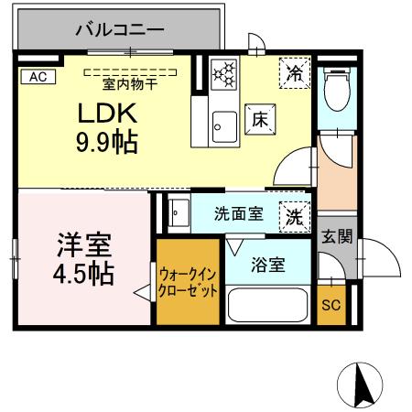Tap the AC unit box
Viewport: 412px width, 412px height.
click(37, 78)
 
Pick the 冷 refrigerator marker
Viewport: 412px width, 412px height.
click(295, 72)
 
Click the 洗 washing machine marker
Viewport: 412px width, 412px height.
click(294, 216)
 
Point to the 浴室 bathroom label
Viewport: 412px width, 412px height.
click(267, 266)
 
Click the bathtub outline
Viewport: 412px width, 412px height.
click(266, 304)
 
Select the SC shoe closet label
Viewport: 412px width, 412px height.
click(331, 305)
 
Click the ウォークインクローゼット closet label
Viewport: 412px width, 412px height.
click(188, 281)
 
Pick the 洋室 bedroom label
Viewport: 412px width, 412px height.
click(84, 244)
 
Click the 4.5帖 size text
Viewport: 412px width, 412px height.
click(84, 274)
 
